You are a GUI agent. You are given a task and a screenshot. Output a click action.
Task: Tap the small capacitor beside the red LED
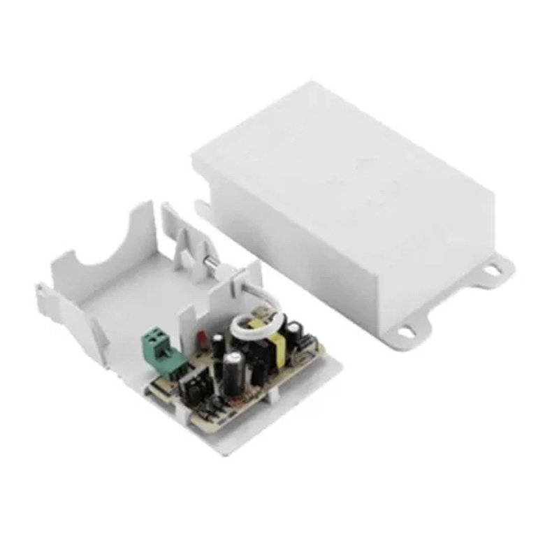point(219,342)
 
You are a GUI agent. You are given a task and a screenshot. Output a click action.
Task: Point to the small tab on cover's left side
point(201,208)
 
